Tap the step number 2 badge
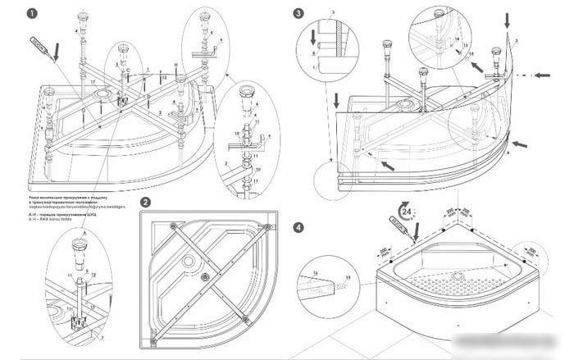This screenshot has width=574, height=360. click(145, 203)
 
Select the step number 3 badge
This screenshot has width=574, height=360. click(298, 14)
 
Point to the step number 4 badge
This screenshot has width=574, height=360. click(298, 227)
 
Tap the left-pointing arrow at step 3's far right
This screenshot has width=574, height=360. click(541, 80)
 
